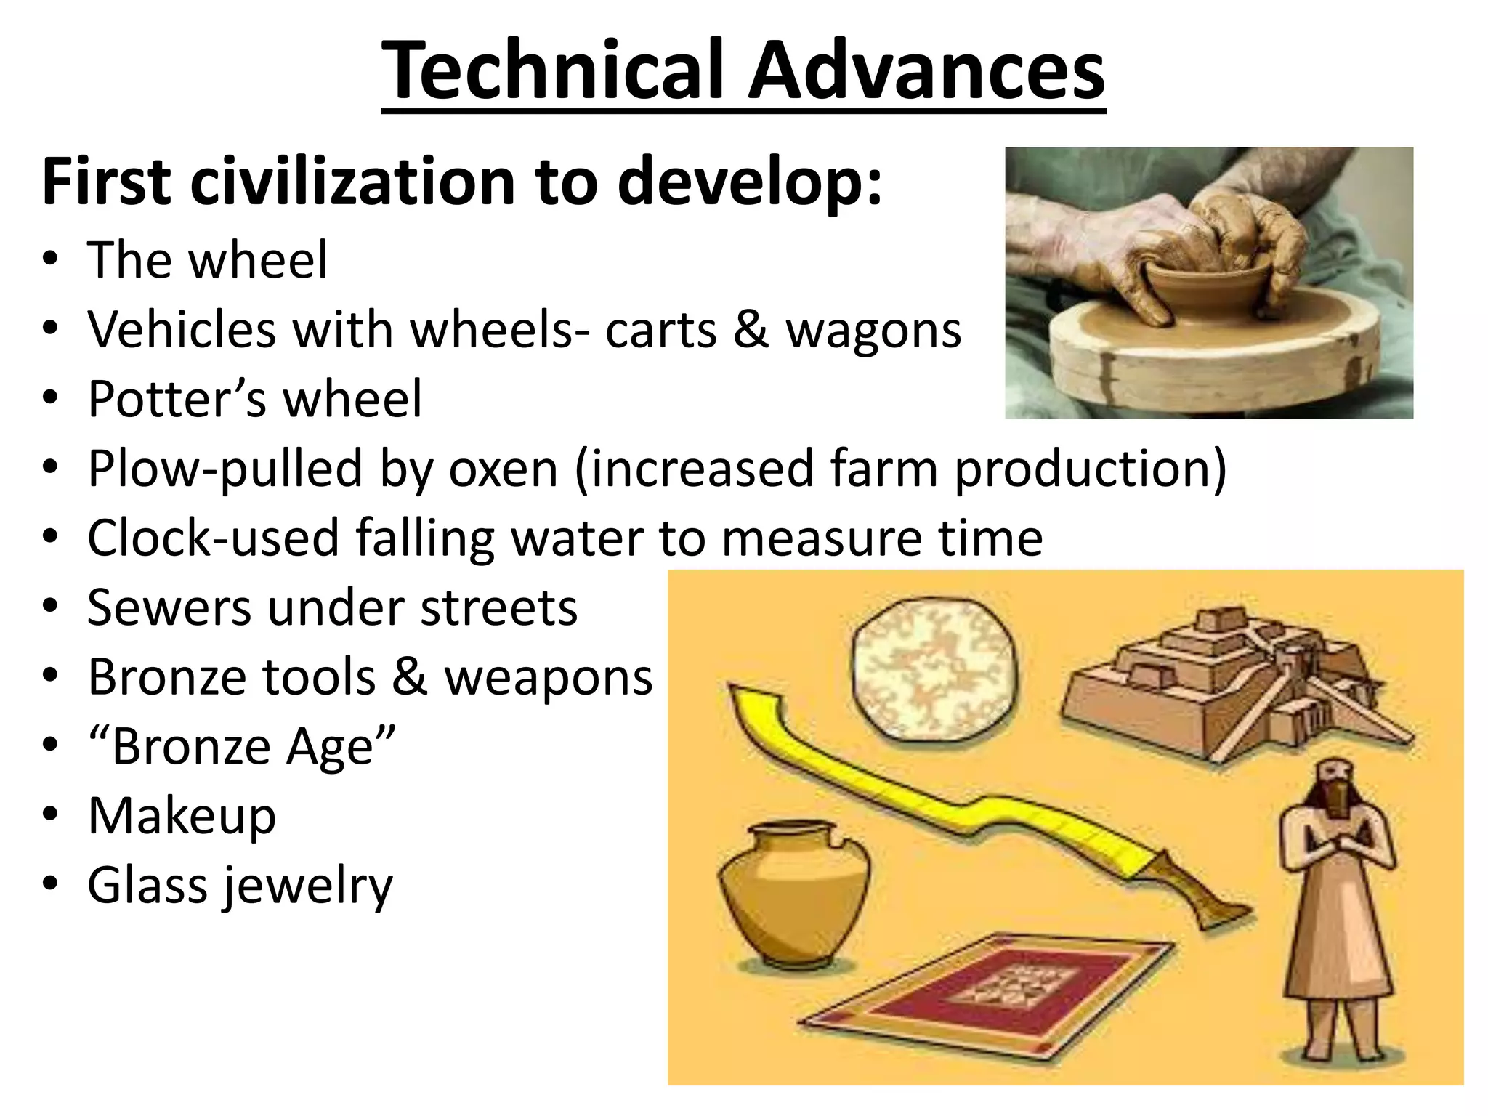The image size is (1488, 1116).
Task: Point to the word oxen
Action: pyautogui.click(x=503, y=469)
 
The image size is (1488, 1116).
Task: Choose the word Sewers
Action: pyautogui.click(x=169, y=607)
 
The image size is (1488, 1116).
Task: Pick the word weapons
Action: pyautogui.click(x=549, y=677)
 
